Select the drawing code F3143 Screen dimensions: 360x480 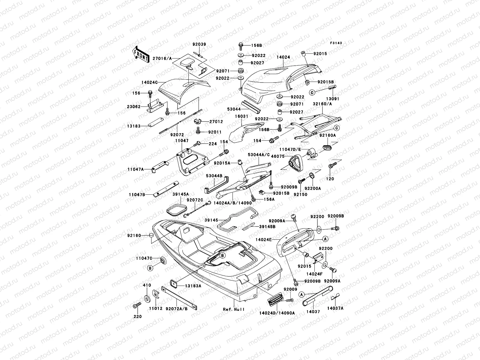point(336,43)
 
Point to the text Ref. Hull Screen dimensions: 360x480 point(234,309)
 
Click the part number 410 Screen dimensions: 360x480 point(147,285)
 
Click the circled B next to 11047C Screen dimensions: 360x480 point(150,268)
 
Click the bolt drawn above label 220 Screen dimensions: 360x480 point(137,306)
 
